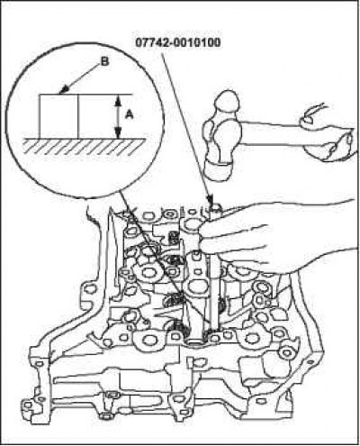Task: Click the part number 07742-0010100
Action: [178, 42]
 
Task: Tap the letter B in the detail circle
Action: [104, 62]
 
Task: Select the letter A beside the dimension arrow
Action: [130, 114]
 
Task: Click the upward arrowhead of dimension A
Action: [118, 101]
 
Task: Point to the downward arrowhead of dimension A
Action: [118, 132]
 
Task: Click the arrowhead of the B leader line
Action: [64, 90]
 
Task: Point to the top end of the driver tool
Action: [215, 207]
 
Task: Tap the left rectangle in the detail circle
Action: [58, 116]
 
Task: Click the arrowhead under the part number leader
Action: [210, 200]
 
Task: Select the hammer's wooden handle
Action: [272, 134]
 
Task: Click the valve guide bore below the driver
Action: [194, 341]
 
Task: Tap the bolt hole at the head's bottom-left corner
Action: [27, 405]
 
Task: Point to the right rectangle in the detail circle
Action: [98, 116]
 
